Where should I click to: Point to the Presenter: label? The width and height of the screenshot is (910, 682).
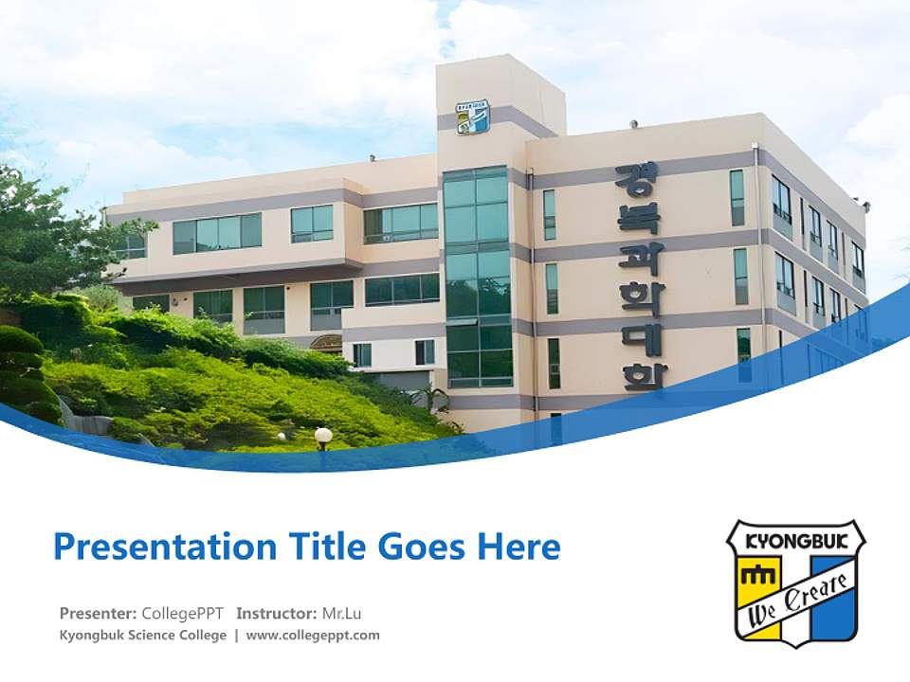pos(98,614)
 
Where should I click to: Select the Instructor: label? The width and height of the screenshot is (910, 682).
pos(277,614)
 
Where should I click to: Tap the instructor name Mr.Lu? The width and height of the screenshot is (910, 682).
pos(340,614)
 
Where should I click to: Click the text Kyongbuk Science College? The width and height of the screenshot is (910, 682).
pos(143,636)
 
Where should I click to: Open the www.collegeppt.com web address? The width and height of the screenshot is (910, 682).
pos(313,636)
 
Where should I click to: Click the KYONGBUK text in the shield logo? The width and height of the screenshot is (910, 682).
pos(795,544)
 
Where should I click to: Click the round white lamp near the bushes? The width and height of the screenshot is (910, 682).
pos(323,436)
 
